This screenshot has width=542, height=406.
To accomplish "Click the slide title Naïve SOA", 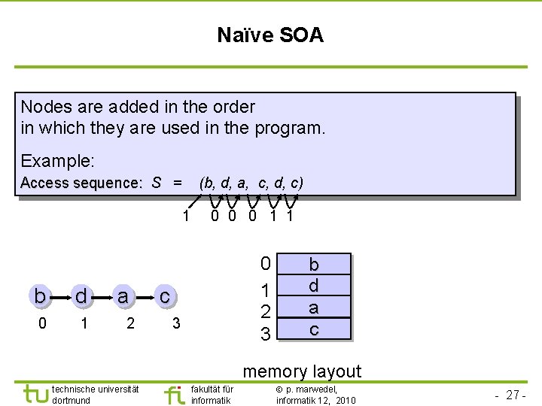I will click(x=270, y=35).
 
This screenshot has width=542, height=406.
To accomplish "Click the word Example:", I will click(x=58, y=161).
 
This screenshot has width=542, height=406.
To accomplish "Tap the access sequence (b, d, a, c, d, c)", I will click(x=251, y=183).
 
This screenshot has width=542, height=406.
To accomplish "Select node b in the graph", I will click(x=39, y=296).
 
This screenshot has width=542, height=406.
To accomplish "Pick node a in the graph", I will click(x=123, y=296).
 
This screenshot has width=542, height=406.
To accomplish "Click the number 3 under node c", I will click(x=176, y=323).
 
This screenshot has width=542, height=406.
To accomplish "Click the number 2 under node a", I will click(x=130, y=323).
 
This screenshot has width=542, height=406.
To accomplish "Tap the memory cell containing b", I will click(x=314, y=265).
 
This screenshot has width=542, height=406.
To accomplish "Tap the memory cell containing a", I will click(x=314, y=308).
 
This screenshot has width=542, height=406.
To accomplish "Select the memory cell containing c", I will click(x=314, y=329).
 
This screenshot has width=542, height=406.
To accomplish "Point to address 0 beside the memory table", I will click(x=265, y=264).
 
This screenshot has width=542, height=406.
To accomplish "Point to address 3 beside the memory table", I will click(x=265, y=332).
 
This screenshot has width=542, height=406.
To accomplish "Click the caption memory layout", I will click(x=302, y=371).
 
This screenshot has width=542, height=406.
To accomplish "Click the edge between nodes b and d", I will click(x=61, y=297).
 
